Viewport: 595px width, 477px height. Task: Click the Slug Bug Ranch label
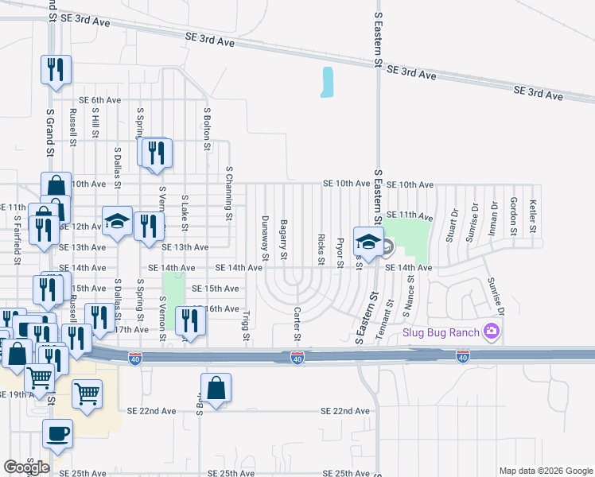tap(442, 332)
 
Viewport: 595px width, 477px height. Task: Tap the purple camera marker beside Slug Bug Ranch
tap(492, 331)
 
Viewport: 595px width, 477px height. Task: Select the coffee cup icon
tap(57, 433)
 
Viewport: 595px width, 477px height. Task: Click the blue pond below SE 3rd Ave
tap(326, 82)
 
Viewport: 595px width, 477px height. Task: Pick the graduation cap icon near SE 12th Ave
tap(117, 222)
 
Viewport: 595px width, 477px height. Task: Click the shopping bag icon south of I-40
tap(216, 388)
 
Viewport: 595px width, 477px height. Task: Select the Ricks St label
tap(321, 249)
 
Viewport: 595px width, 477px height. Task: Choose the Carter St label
tap(296, 324)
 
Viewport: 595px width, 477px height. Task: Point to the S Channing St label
tap(228, 192)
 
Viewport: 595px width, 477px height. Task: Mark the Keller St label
tap(533, 215)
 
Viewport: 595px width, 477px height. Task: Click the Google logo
tap(26, 467)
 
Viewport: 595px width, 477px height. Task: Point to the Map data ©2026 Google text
tap(546, 471)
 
